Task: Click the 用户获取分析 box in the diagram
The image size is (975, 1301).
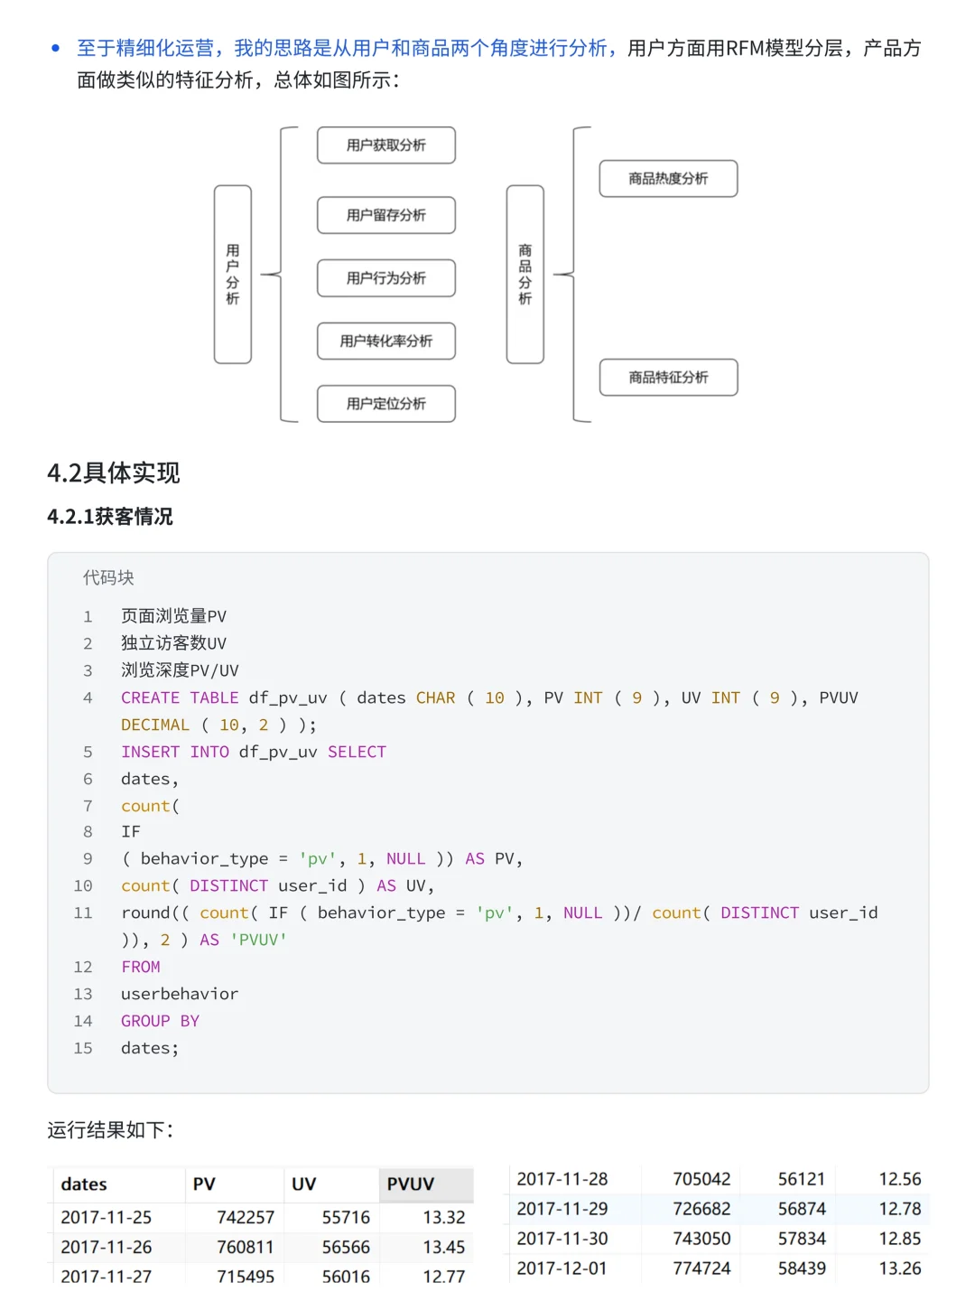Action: [385, 145]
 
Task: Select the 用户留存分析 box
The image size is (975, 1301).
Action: [385, 215]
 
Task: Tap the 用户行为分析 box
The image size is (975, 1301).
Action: [385, 278]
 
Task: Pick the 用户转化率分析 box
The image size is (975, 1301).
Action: [385, 341]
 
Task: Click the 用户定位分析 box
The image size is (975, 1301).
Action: [385, 404]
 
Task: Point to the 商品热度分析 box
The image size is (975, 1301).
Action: [668, 179]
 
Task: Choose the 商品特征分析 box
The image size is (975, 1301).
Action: [668, 378]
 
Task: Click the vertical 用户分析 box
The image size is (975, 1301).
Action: [233, 275]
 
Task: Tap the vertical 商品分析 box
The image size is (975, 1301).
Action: [525, 275]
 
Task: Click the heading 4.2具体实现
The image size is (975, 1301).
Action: [114, 473]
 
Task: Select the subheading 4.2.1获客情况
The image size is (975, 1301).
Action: [110, 517]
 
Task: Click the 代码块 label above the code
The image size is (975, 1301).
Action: [108, 577]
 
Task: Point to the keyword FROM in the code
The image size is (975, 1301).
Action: [141, 967]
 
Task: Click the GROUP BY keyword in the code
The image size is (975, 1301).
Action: [160, 1021]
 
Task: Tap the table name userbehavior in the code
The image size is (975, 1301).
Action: [180, 994]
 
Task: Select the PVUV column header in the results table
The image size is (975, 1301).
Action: [411, 1184]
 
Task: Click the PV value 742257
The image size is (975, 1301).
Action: [246, 1217]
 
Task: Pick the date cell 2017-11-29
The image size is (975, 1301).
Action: [562, 1209]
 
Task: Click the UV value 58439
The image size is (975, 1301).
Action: [802, 1268]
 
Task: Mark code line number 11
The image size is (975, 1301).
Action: [83, 913]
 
